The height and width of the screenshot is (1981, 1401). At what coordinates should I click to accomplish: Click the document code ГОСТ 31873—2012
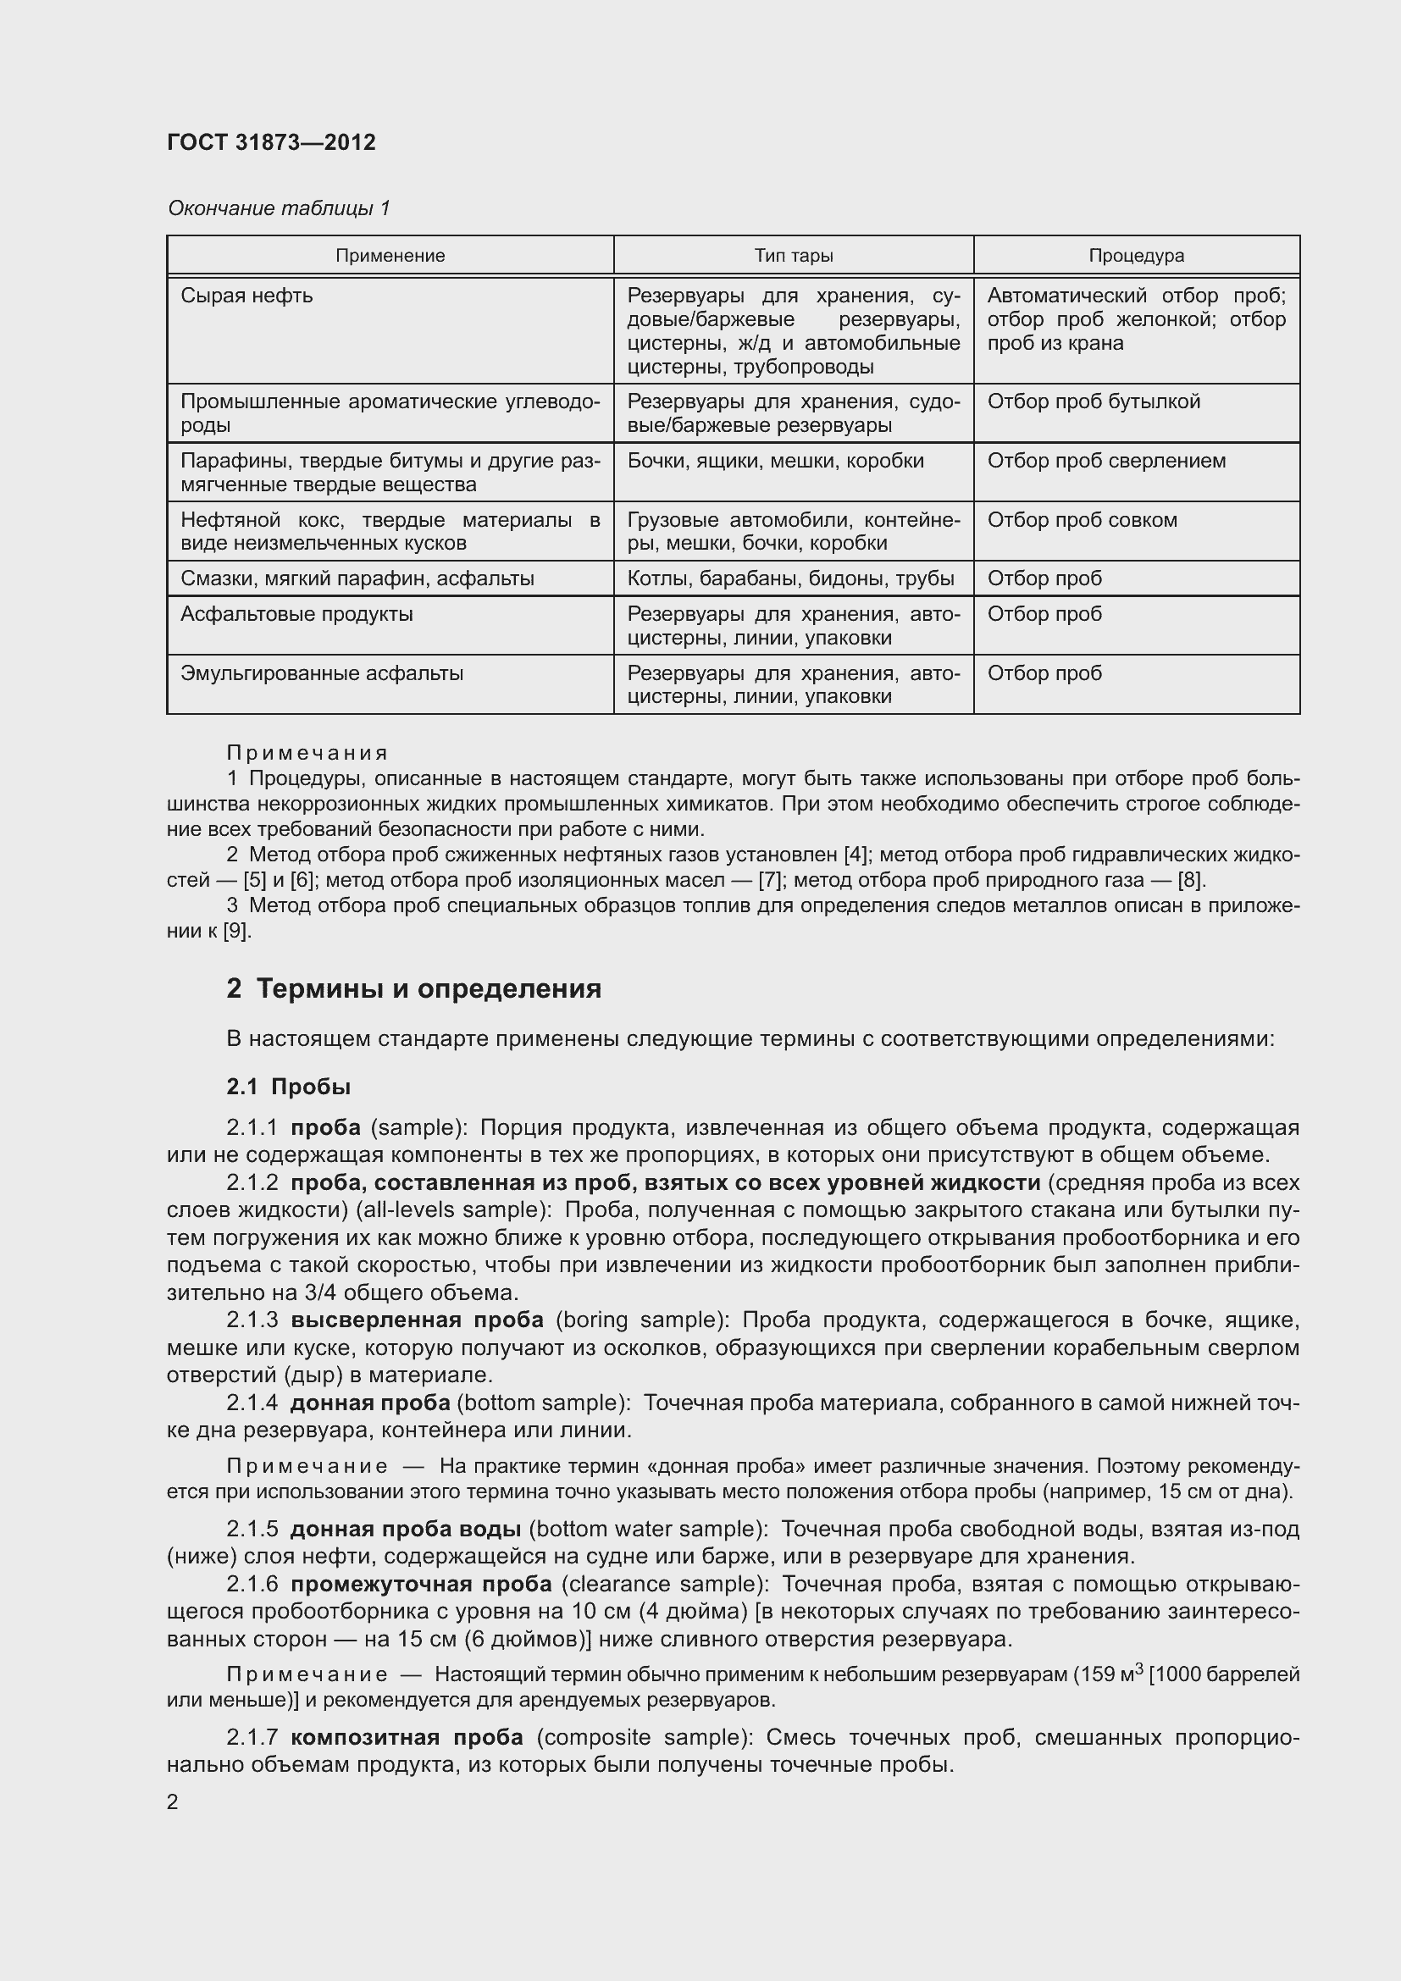click(271, 142)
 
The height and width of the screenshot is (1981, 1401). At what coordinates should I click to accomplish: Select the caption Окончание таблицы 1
click(279, 208)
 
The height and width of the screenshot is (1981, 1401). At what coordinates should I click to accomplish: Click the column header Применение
click(390, 256)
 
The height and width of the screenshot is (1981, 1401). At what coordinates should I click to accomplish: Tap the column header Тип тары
click(793, 256)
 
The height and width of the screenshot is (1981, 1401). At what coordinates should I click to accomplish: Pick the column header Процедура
click(1135, 256)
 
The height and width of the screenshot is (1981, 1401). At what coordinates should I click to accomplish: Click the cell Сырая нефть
click(246, 296)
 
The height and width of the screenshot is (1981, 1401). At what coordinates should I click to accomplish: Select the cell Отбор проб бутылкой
click(1093, 402)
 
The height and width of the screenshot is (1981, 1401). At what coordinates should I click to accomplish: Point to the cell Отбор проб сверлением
click(1106, 461)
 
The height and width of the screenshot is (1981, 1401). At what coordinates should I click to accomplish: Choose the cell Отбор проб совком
click(1082, 520)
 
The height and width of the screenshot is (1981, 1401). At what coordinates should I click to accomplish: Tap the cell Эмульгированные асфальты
click(322, 673)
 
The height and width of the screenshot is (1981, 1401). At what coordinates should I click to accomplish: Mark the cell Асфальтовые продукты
click(296, 614)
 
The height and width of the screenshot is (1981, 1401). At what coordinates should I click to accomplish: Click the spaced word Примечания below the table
click(307, 753)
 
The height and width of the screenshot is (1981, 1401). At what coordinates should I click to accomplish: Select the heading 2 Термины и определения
click(413, 988)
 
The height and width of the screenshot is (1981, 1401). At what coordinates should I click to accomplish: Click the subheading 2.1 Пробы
click(288, 1087)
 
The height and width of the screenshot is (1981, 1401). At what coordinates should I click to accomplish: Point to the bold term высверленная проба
click(417, 1320)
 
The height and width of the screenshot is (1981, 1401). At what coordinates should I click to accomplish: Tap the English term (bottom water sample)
click(648, 1529)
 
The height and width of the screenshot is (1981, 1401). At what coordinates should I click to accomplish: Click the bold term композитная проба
click(407, 1738)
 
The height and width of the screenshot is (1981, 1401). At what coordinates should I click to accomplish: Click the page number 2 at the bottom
click(173, 1802)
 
